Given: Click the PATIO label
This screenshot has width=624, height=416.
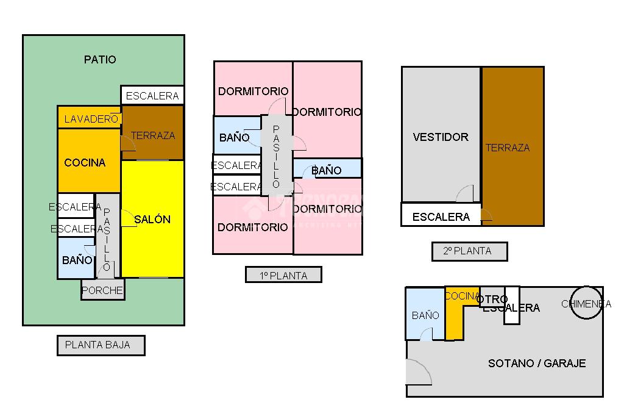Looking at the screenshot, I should [100, 60].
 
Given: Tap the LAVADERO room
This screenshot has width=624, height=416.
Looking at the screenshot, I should [90, 118].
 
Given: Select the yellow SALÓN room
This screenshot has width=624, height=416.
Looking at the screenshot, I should [152, 220].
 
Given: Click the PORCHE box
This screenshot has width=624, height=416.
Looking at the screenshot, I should [102, 290].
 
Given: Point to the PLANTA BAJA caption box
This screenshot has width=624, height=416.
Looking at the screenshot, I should [101, 345].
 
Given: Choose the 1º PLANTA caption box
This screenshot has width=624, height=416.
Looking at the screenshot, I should [283, 275].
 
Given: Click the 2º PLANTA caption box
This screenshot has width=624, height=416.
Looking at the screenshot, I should [469, 251].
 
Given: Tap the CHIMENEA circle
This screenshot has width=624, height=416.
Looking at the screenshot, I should [586, 304].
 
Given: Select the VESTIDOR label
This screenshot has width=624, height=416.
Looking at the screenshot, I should [441, 137].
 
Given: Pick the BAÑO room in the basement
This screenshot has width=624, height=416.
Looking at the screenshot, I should [425, 314].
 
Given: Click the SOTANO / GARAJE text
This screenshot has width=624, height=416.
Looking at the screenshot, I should [537, 364].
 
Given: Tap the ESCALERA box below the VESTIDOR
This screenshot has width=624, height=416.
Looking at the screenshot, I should [441, 217].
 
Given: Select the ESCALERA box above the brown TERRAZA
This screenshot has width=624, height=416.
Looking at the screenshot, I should [152, 96].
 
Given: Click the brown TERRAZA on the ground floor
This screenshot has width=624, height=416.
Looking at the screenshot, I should [153, 134].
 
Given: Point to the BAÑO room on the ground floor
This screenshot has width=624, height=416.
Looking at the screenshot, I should [76, 259].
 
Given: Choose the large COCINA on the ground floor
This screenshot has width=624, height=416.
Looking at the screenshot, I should [85, 162].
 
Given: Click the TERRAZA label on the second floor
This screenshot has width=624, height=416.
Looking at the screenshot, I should [508, 148].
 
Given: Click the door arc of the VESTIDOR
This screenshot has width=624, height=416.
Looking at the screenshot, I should [466, 194].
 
